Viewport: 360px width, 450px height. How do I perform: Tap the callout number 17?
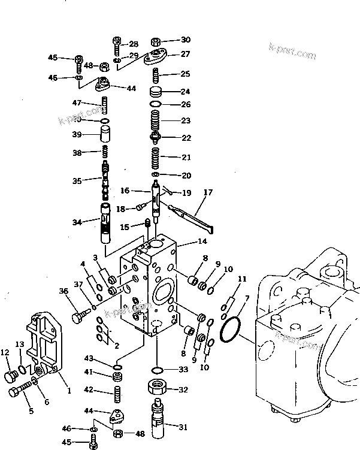tap(208, 192)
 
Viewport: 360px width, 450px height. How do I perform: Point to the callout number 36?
tap(64, 291)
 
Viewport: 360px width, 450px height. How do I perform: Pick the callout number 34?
tap(77, 222)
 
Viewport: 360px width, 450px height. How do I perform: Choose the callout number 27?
tap(185, 54)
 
